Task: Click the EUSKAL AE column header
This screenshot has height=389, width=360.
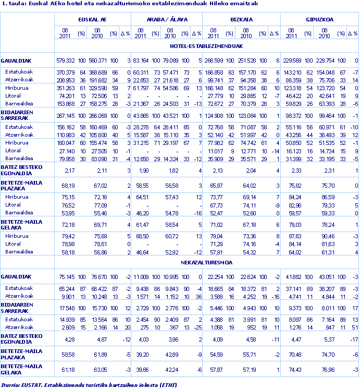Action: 93,19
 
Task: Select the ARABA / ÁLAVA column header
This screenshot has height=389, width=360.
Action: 167,19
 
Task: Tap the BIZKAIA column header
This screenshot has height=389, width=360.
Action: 242,19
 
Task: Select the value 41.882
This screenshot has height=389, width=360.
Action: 295,276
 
